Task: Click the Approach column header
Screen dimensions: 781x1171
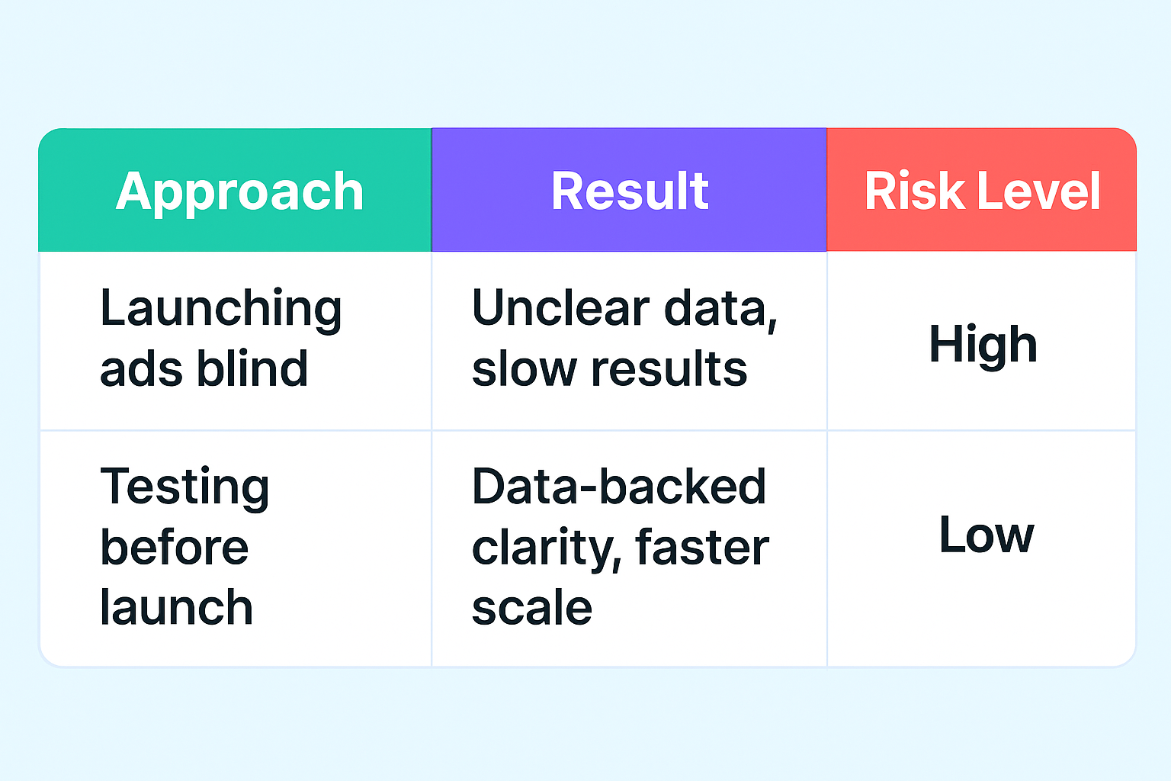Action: click(x=239, y=191)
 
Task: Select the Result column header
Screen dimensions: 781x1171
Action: click(x=630, y=191)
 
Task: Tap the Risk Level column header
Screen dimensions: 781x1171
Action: click(x=982, y=191)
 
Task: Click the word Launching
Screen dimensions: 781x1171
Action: click(x=220, y=310)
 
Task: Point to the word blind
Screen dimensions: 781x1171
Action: click(x=252, y=369)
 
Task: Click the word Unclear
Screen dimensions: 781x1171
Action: click(x=560, y=308)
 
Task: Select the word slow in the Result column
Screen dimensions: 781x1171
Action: click(x=524, y=369)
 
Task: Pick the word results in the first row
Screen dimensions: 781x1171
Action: click(x=669, y=369)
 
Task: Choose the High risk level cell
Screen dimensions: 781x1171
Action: click(x=983, y=344)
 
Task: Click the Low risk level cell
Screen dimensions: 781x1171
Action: click(x=986, y=535)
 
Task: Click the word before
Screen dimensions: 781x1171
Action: click(x=175, y=548)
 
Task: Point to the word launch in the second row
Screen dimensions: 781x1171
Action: click(x=176, y=608)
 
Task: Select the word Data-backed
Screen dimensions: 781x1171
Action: click(x=619, y=487)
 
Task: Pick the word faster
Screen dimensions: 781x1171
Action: click(x=701, y=548)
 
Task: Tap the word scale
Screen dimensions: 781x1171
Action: click(x=532, y=608)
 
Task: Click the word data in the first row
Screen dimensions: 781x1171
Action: click(x=720, y=310)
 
